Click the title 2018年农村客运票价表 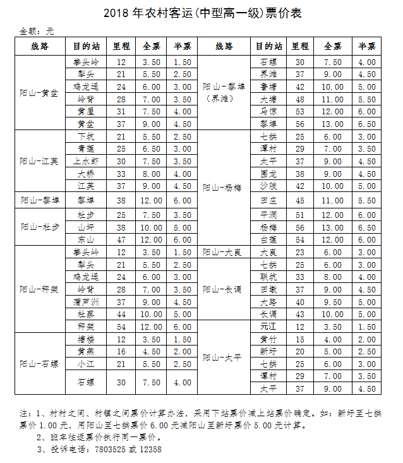(x=201, y=13)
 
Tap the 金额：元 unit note (x=37, y=31)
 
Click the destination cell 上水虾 (x=86, y=161)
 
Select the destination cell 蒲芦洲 (x=86, y=301)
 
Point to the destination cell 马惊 (x=268, y=111)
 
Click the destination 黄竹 (x=268, y=339)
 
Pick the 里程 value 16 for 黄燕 (x=121, y=351)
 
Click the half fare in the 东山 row (x=183, y=239)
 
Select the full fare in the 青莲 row (x=151, y=148)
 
